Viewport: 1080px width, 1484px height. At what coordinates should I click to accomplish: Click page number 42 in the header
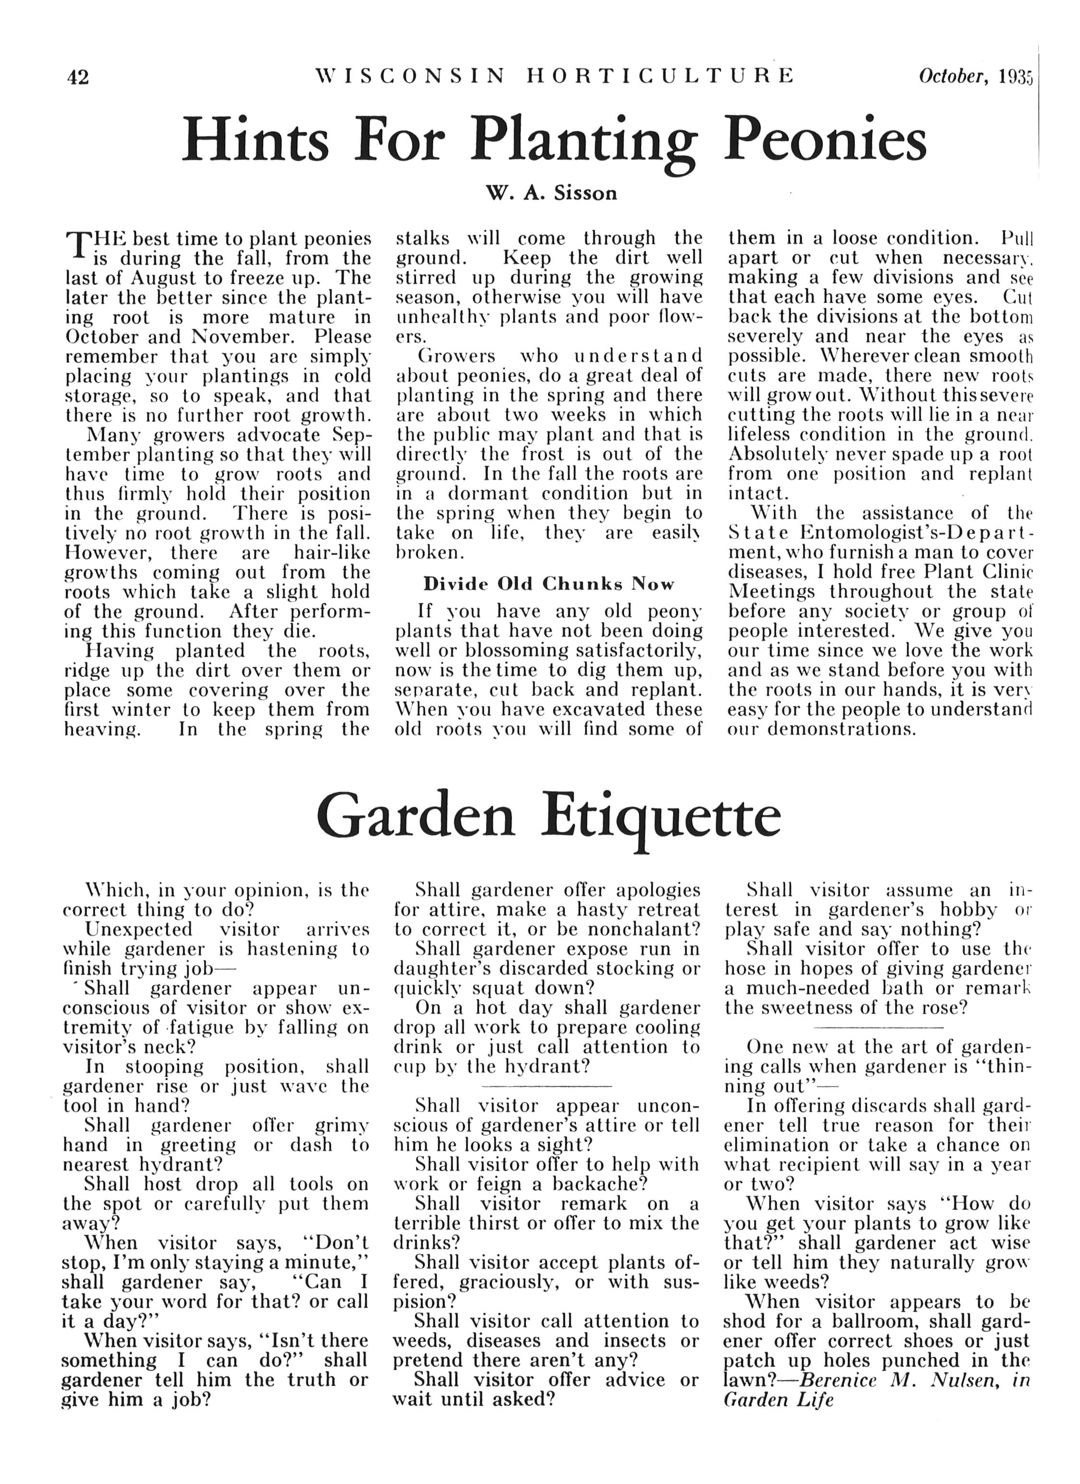78,77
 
